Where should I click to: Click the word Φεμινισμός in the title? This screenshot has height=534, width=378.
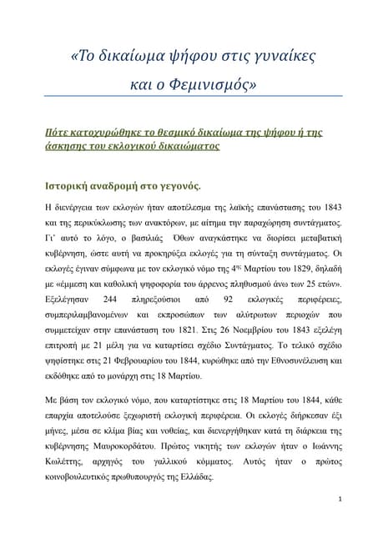pos(208,84)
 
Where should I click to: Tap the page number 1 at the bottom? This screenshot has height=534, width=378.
pos(341,500)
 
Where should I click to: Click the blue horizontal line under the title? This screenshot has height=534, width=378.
pos(189,96)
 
